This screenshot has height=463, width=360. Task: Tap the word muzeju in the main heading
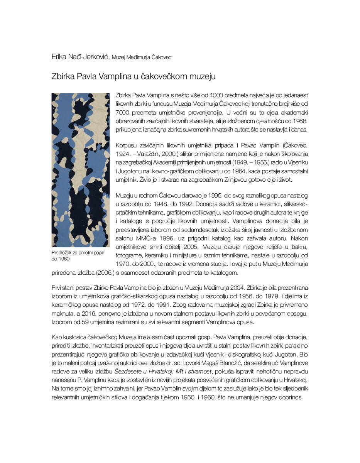[201, 76]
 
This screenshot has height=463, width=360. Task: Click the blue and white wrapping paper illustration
[80, 170]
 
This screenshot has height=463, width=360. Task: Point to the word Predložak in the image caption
[61, 253]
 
